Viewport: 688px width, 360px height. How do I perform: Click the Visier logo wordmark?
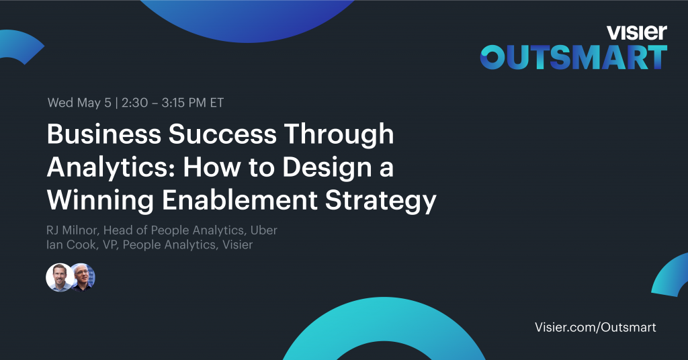tap(637, 32)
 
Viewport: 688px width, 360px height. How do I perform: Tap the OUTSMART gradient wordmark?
tap(574, 58)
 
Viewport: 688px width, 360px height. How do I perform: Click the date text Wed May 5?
tap(79, 103)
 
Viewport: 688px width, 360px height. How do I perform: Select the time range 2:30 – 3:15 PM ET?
tap(173, 103)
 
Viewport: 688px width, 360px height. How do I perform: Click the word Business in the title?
tap(104, 134)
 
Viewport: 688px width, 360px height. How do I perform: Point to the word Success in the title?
tap(222, 134)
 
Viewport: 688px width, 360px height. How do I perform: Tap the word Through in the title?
tap(339, 134)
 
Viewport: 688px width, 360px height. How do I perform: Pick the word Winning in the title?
tap(100, 201)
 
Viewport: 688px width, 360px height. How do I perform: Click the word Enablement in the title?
tap(239, 200)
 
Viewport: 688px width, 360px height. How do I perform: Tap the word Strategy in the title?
tap(380, 201)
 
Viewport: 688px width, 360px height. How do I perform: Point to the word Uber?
tap(263, 230)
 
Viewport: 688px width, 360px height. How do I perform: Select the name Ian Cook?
tap(71, 244)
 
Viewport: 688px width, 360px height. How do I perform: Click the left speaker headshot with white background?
tap(60, 277)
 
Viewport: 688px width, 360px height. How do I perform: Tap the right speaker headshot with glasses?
tap(83, 277)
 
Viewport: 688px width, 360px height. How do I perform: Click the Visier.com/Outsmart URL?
tap(595, 327)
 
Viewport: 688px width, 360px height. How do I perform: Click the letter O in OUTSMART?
tap(492, 58)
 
